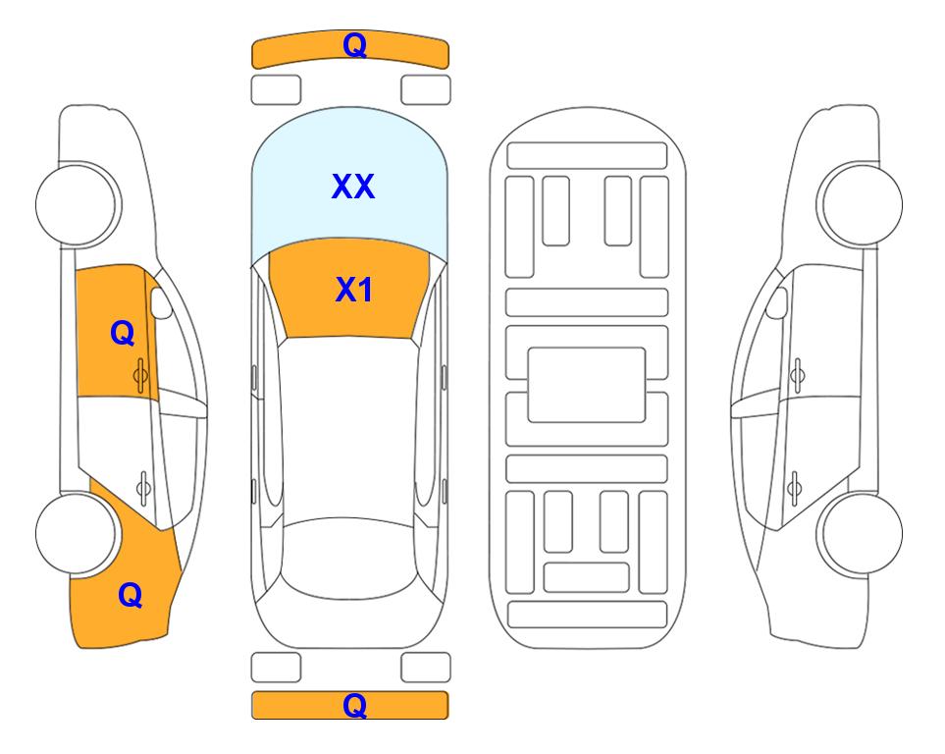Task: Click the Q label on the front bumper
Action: point(354,45)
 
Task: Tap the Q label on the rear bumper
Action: point(354,705)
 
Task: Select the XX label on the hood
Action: point(353,187)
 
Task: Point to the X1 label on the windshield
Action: point(353,290)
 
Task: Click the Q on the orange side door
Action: point(123,333)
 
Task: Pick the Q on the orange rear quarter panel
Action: point(131,595)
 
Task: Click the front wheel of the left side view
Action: point(78,204)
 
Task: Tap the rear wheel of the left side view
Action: point(76,533)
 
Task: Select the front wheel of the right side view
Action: point(860,204)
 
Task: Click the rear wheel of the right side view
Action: point(862,533)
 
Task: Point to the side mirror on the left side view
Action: point(160,302)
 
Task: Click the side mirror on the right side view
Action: point(776,302)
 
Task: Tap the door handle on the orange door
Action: point(140,375)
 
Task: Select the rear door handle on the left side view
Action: point(143,487)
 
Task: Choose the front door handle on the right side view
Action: point(797,375)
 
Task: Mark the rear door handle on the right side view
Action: point(794,487)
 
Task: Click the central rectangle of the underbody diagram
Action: point(587,385)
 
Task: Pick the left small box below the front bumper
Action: point(276,90)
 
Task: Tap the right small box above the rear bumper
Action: point(426,668)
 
